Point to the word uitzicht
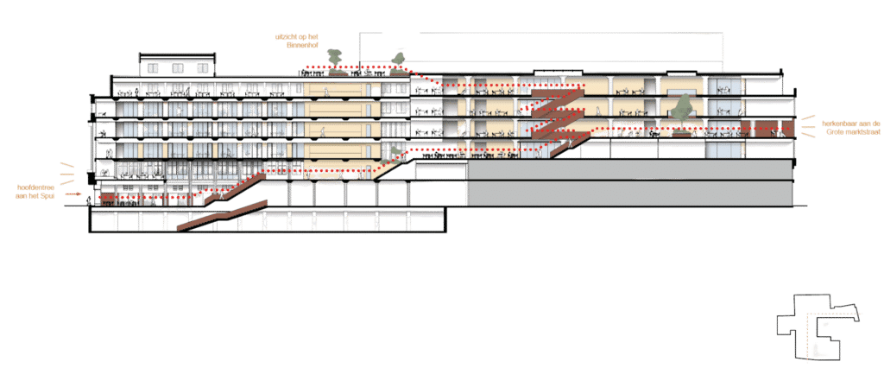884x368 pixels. (283, 36)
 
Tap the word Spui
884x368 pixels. (54, 195)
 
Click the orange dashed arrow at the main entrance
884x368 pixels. (73, 194)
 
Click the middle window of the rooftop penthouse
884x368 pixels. (178, 68)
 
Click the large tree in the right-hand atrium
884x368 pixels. (683, 109)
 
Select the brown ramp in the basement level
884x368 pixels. (222, 216)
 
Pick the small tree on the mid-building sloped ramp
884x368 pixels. (392, 153)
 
